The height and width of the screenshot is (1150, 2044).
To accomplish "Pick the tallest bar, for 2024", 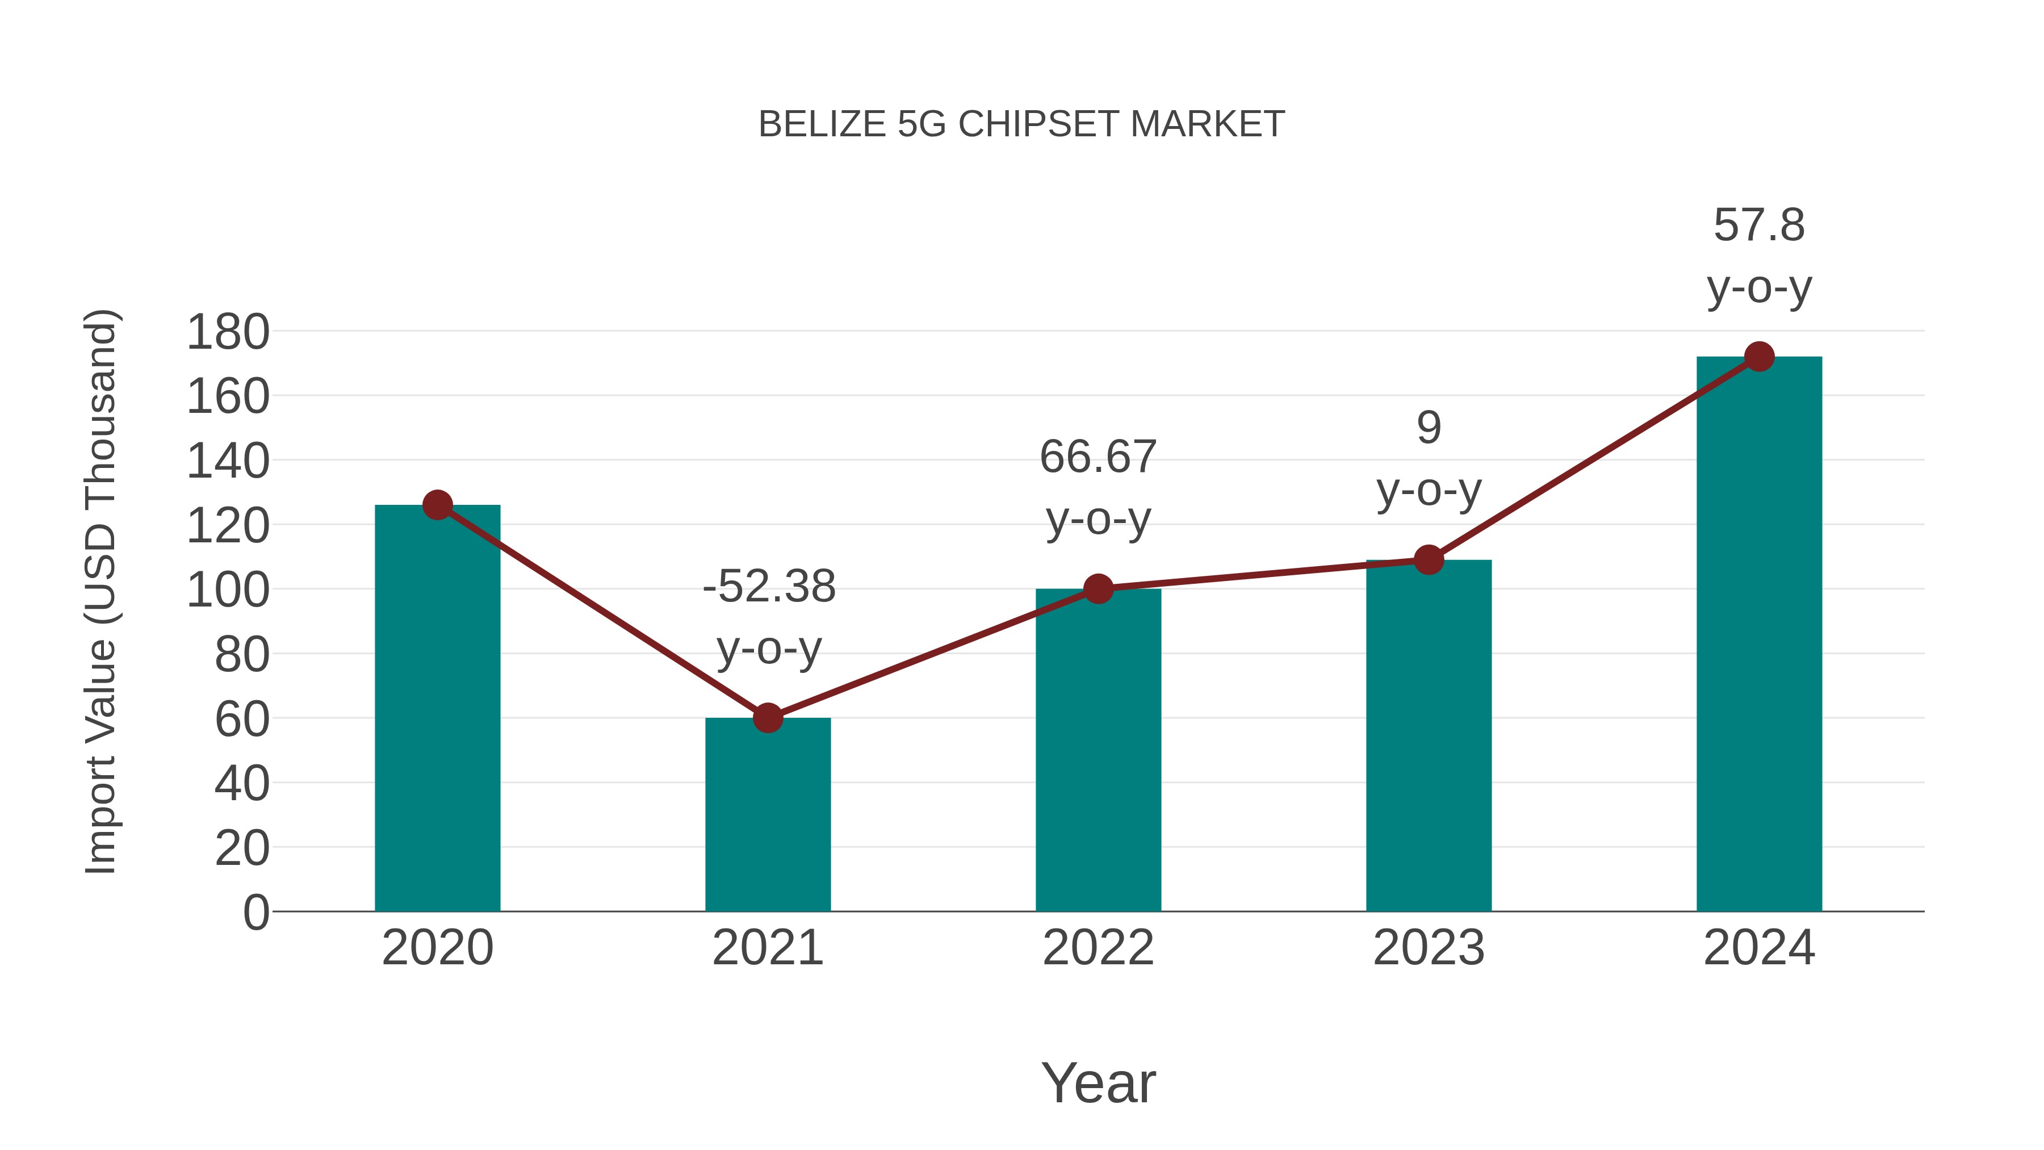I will (1759, 634).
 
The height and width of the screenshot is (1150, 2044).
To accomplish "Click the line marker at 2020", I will (437, 505).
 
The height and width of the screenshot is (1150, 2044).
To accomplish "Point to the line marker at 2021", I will (768, 717).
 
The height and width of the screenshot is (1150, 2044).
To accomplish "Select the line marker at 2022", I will (1098, 589).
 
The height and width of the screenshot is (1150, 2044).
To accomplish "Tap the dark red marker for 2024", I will (1759, 357).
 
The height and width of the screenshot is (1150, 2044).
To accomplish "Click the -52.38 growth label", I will (769, 587).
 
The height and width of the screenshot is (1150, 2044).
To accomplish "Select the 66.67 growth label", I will (1098, 457).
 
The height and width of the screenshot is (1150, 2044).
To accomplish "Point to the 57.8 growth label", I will (1759, 225).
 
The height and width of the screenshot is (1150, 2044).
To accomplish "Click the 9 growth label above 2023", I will (1429, 429).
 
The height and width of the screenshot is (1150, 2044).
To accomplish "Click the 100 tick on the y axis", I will (228, 591).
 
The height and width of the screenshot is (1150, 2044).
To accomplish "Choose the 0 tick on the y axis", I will (256, 913).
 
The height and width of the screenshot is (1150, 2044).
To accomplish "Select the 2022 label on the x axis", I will (1098, 948).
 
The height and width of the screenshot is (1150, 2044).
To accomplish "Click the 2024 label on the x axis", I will (1759, 948).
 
